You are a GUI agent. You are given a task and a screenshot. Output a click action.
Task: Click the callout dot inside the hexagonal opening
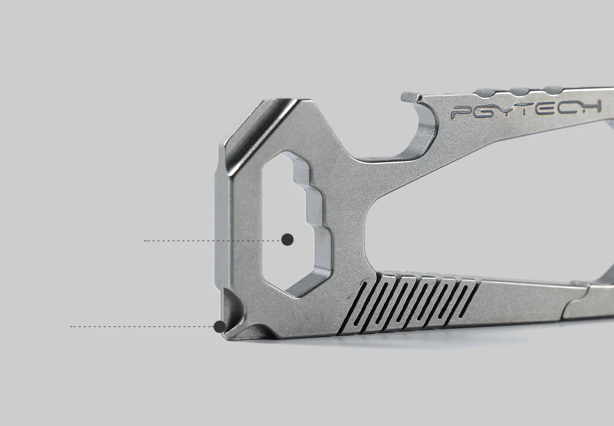coord(287,239)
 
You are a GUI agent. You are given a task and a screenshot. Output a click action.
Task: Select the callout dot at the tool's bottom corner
coord(219,326)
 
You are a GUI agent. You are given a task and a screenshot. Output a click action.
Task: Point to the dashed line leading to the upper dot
coord(213,241)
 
